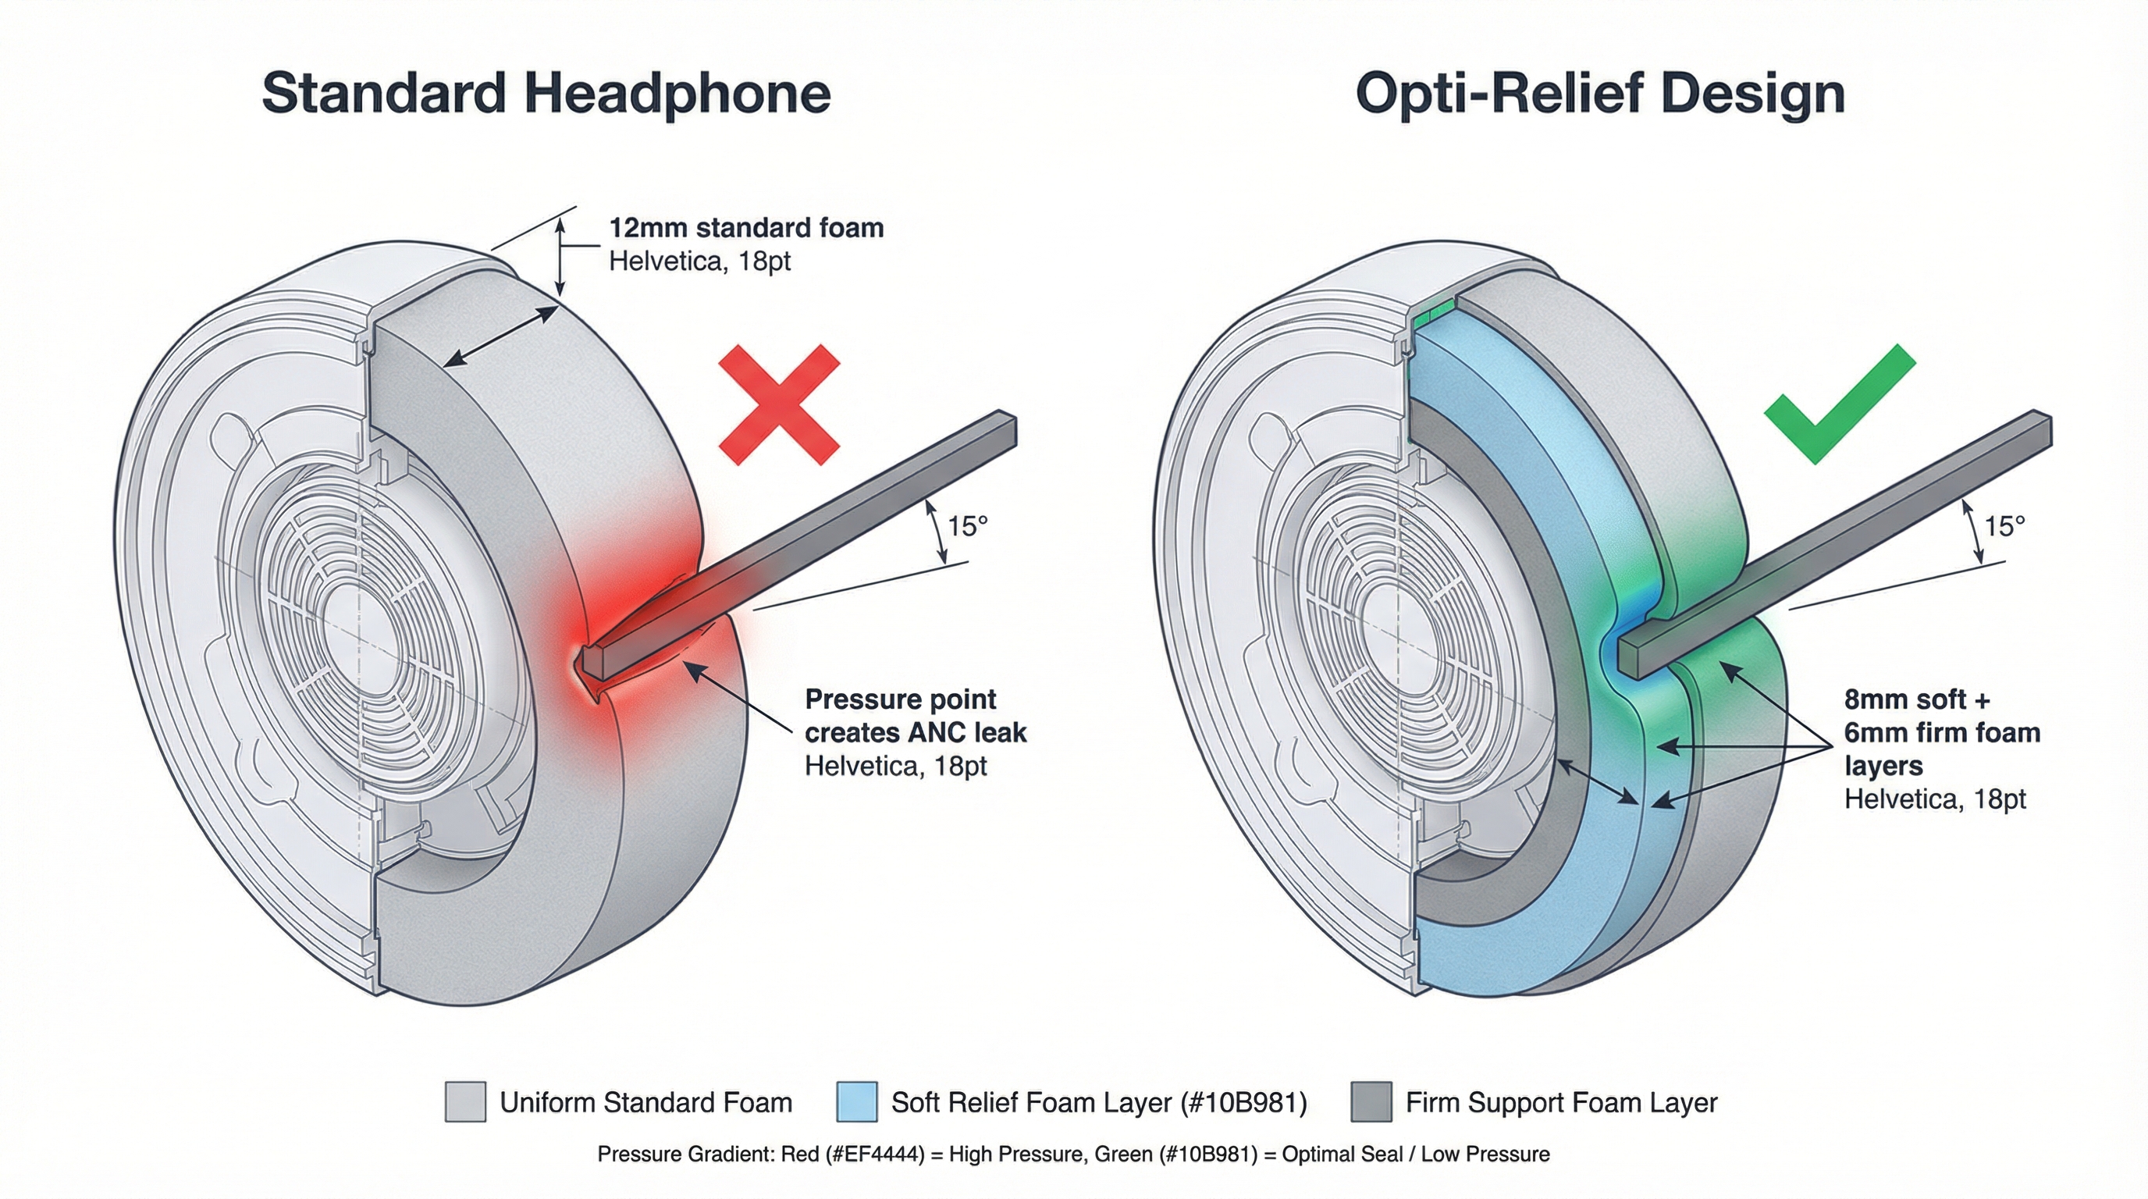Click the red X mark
(779, 404)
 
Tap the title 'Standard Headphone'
(546, 94)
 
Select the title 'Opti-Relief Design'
(1600, 94)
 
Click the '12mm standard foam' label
(746, 228)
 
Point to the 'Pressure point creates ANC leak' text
(915, 715)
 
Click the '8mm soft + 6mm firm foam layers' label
(1941, 732)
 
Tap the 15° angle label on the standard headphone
(967, 526)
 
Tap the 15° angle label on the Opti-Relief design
(2004, 526)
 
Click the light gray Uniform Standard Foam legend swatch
(465, 1101)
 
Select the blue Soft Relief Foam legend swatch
(856, 1101)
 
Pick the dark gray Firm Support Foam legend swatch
(1371, 1101)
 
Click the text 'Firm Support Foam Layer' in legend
(1561, 1102)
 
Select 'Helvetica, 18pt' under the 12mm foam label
(699, 261)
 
